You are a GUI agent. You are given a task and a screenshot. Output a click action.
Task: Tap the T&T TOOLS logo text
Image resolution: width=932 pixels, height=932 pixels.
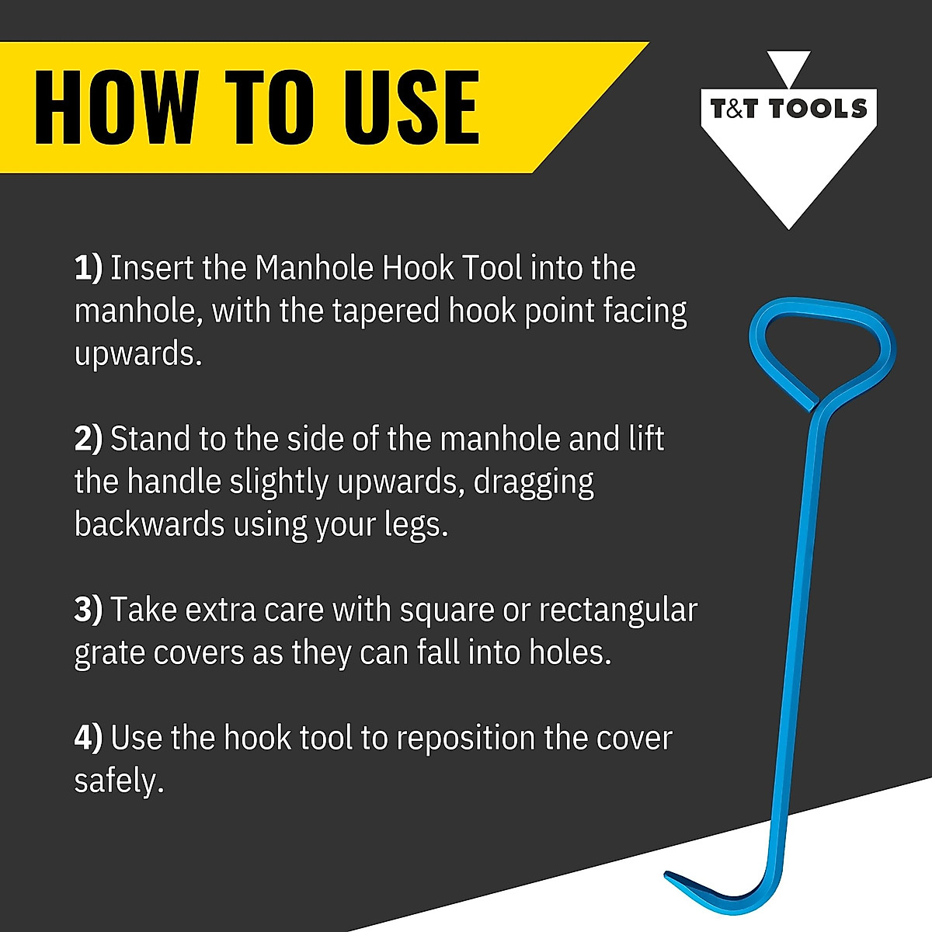point(788,109)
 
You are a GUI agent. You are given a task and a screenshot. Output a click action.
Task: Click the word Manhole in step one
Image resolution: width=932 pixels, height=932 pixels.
point(315,268)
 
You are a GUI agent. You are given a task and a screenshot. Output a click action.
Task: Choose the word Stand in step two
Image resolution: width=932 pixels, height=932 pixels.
point(151,439)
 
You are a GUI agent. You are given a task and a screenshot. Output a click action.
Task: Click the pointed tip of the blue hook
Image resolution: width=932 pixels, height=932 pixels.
point(668,875)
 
